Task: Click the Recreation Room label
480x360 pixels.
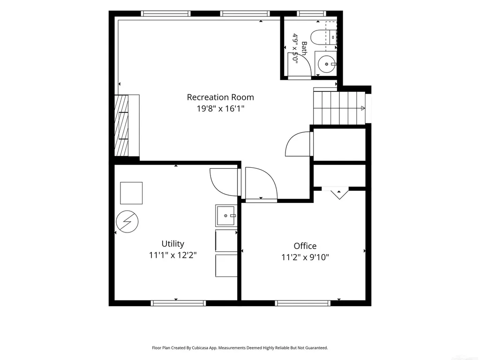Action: [220, 97]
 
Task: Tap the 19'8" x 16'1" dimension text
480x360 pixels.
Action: [220, 108]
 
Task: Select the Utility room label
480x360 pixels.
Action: [173, 244]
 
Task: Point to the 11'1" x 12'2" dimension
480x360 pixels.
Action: [173, 255]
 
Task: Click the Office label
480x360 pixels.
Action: [305, 246]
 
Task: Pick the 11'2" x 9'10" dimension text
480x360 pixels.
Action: [305, 257]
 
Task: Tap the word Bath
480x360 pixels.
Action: [304, 48]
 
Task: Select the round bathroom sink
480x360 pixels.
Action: [327, 64]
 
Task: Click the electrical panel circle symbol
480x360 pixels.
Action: [127, 221]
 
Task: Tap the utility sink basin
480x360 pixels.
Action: [226, 216]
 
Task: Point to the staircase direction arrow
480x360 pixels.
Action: [363, 108]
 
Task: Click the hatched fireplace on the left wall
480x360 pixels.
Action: [121, 126]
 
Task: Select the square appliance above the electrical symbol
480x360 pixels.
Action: [131, 193]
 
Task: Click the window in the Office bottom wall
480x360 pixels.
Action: [302, 303]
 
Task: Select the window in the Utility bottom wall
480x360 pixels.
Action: [179, 303]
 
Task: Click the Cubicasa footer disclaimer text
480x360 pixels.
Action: [240, 348]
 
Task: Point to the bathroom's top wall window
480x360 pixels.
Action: [312, 14]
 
